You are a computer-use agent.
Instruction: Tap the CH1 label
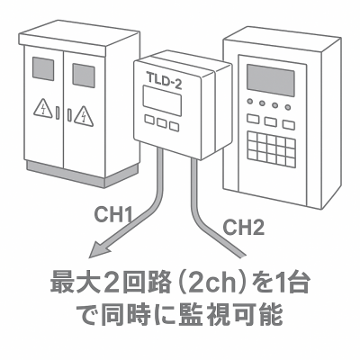(113, 214)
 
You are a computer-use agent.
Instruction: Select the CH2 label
(244, 227)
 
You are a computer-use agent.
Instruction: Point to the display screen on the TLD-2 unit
(162, 101)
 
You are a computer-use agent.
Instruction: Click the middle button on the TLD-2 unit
(162, 122)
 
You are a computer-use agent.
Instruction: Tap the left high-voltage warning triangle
(43, 109)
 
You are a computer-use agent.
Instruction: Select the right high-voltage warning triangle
(84, 116)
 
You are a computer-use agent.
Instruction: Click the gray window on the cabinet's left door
(43, 68)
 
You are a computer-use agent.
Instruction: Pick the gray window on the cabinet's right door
(84, 76)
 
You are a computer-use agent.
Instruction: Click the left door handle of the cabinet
(58, 112)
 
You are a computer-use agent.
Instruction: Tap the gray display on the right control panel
(270, 80)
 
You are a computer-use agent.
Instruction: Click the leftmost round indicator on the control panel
(249, 102)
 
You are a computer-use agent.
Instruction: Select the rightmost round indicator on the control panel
(288, 107)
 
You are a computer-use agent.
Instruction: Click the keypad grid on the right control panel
(271, 149)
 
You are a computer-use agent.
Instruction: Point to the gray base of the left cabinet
(83, 174)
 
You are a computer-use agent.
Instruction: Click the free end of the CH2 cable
(243, 256)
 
